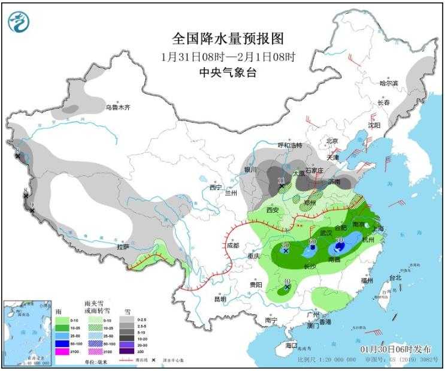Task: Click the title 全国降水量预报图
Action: coord(228,39)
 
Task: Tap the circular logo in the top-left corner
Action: coord(18,22)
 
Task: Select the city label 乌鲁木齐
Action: coord(118,108)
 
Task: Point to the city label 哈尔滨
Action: coord(389,83)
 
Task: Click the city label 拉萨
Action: coord(123,246)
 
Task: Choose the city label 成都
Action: coord(232,245)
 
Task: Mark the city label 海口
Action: coord(292,346)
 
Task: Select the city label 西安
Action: coord(273,210)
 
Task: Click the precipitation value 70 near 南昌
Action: coord(339,240)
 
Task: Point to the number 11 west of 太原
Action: coord(281,180)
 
